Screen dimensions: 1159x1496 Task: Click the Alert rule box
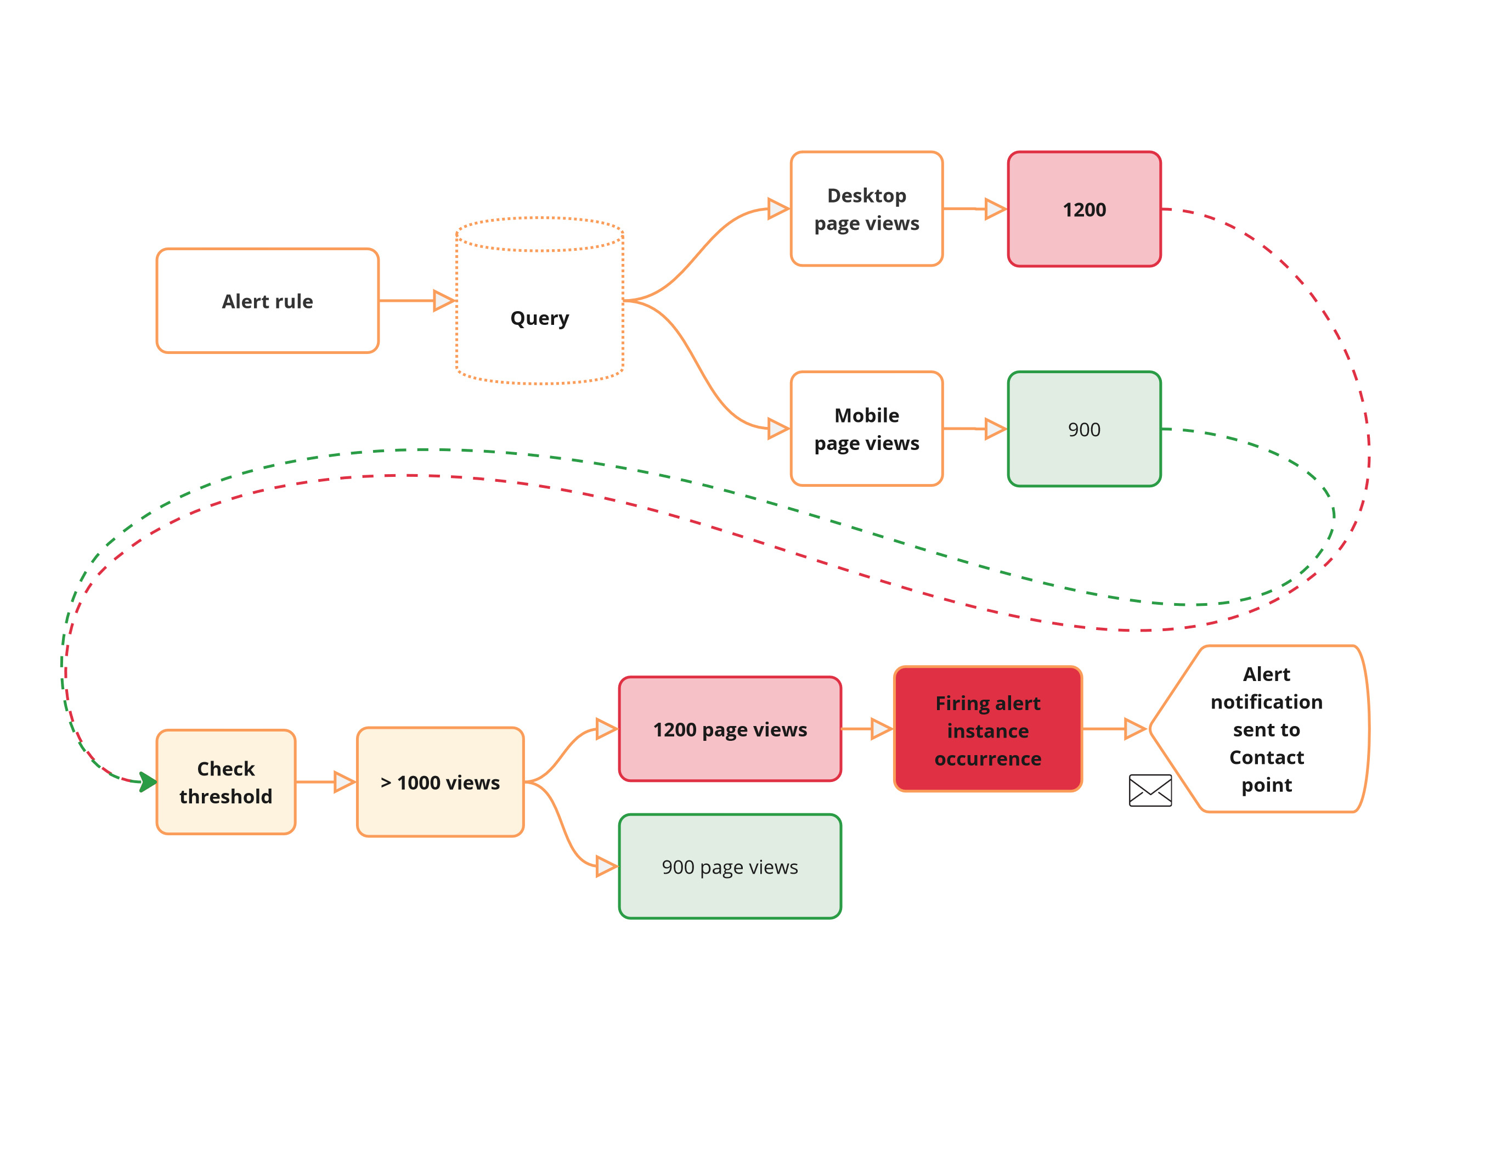pos(267,301)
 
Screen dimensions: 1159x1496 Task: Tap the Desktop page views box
pos(867,209)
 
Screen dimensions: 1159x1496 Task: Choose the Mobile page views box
pos(867,429)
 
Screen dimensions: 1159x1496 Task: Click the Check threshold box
pos(226,782)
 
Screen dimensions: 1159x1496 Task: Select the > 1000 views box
pos(441,782)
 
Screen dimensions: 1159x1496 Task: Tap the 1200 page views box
pos(730,729)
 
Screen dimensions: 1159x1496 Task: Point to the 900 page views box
pos(730,867)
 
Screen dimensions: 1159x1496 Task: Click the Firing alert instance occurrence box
pos(988,729)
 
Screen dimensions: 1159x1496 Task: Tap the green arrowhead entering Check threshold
pos(147,782)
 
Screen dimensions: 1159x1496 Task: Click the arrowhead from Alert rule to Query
pos(444,301)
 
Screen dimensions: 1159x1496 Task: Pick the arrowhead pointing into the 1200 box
pos(995,209)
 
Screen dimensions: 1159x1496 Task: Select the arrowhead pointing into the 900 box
pos(995,429)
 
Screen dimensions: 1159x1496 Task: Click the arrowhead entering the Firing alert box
pos(881,729)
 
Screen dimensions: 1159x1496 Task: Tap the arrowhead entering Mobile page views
pos(778,429)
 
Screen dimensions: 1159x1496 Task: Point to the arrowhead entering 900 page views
pos(606,867)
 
